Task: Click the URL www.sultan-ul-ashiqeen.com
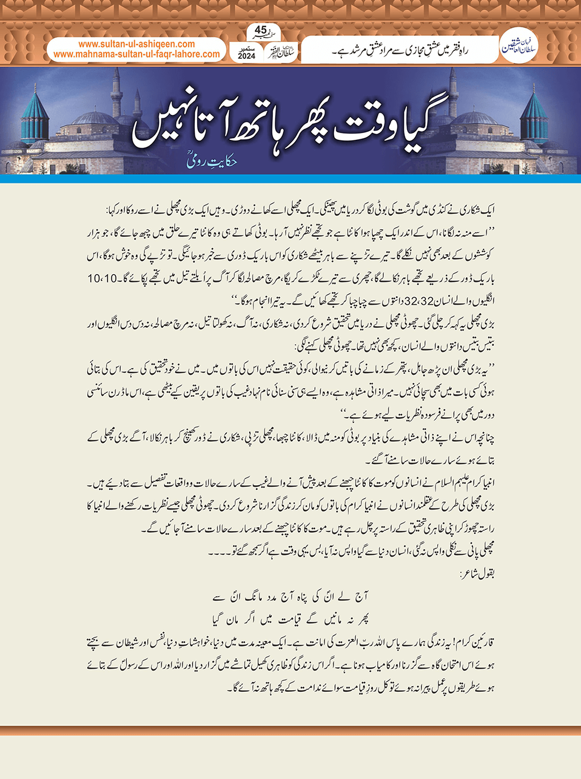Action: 136,44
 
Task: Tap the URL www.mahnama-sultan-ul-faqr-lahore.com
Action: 136,54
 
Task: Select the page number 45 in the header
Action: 260,29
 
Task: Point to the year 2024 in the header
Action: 247,56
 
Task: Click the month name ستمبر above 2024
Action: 247,48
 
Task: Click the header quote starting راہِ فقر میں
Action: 400,51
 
